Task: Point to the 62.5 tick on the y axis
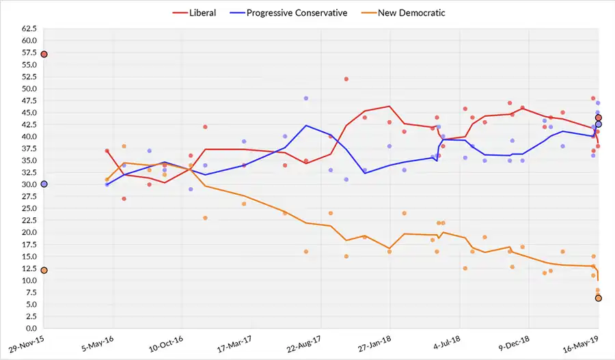29,29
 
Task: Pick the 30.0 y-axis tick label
29,184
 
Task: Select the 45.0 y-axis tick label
29,113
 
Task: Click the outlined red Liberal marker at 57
44,54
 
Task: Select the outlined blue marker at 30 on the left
44,184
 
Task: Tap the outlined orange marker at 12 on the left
44,271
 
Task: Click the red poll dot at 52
346,79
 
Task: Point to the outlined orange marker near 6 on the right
599,298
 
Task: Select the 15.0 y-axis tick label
29,256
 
